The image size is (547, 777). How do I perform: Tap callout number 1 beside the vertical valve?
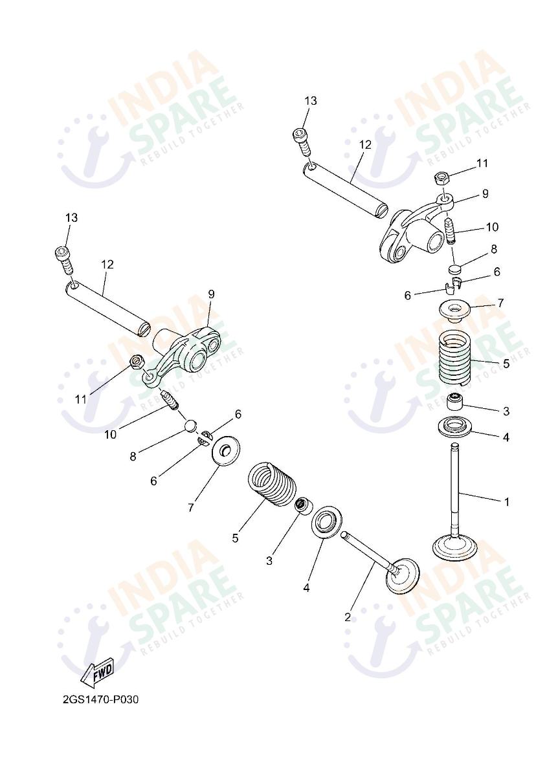click(x=507, y=502)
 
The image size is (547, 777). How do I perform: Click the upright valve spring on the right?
click(x=455, y=358)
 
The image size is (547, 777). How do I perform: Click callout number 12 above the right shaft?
click(x=366, y=145)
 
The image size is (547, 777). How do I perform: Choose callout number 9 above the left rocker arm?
click(x=212, y=294)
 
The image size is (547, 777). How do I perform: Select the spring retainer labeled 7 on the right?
click(x=454, y=309)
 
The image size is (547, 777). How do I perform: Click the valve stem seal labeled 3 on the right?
click(x=454, y=401)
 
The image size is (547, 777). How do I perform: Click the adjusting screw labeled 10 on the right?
click(x=450, y=230)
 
